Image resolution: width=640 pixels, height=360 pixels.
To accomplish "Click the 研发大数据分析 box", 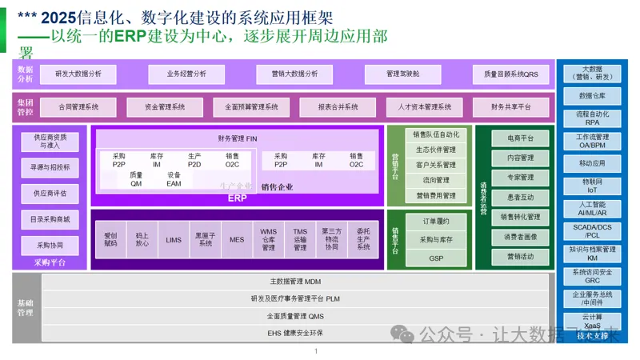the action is (x=78, y=74).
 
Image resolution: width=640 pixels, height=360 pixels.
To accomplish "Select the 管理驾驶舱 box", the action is (x=402, y=74).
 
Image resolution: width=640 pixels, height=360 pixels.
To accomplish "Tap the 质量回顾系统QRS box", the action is (x=510, y=74).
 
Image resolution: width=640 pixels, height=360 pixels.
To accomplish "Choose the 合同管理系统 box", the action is (x=78, y=107).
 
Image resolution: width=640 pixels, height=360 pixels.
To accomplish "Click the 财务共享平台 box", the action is (x=510, y=107).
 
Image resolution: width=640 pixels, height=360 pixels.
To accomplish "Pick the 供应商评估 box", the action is (x=50, y=194).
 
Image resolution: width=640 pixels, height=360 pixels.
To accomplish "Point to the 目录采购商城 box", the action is (x=50, y=219).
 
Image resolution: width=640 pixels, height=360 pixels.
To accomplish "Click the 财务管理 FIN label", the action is (x=237, y=138).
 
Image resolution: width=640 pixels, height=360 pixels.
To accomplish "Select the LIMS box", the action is (x=174, y=239).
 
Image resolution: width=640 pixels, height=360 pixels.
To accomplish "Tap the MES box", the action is (x=237, y=239).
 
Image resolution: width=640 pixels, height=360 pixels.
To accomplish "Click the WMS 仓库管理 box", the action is (x=269, y=239).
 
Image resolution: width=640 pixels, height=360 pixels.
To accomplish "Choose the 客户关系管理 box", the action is (x=436, y=165).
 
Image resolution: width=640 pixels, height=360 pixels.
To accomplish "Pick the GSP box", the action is (x=436, y=258).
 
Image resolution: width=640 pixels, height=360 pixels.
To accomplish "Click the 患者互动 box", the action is (x=521, y=197).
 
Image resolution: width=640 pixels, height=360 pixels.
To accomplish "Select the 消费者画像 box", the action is (x=521, y=237).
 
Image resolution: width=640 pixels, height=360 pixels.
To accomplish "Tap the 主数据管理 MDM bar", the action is (x=295, y=282).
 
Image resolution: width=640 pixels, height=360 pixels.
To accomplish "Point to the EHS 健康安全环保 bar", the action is (x=295, y=332).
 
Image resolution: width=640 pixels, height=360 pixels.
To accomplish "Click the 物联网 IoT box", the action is (x=593, y=186).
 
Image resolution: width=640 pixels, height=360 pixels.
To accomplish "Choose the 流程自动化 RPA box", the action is (x=593, y=119).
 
